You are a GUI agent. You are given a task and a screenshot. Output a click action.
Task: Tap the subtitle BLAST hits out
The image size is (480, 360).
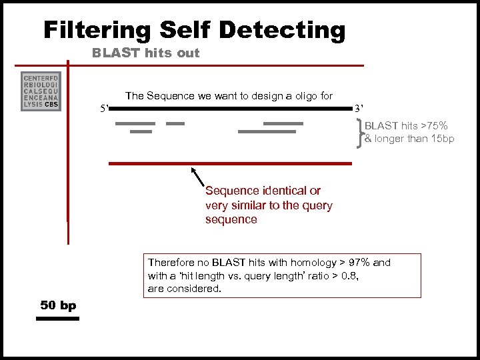(146, 53)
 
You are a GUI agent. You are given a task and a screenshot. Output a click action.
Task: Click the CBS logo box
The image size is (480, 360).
(41, 91)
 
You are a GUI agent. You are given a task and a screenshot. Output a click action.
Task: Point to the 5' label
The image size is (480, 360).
(103, 108)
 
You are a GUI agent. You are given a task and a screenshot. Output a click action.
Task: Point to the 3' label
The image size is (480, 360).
(359, 108)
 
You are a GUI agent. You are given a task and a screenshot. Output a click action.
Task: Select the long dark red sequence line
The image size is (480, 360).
(230, 163)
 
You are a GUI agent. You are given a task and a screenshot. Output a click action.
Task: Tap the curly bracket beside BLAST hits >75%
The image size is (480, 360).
(361, 132)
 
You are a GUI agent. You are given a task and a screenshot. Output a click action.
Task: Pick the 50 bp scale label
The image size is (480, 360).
(58, 305)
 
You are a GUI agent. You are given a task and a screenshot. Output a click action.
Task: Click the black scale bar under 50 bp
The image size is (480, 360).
(57, 319)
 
